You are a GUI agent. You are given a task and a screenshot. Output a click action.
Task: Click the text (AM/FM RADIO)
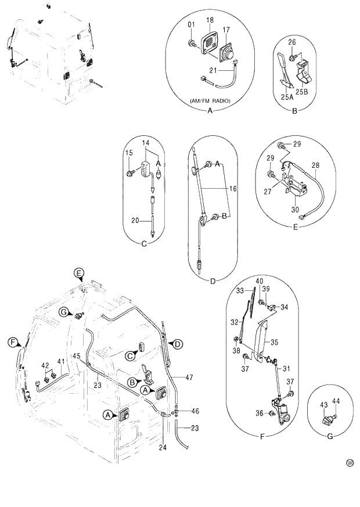pyautogui.click(x=210, y=101)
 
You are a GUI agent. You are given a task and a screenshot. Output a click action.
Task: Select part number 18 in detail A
pyautogui.click(x=210, y=20)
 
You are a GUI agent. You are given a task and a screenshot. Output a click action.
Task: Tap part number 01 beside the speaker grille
pyautogui.click(x=191, y=24)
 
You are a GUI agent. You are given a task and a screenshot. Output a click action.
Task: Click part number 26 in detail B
pyautogui.click(x=292, y=41)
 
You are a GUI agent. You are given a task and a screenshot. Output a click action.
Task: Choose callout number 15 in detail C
pyautogui.click(x=129, y=153)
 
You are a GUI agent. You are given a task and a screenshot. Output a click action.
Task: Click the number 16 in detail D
pyautogui.click(x=233, y=189)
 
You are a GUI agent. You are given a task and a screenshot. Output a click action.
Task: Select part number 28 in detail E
pyautogui.click(x=316, y=166)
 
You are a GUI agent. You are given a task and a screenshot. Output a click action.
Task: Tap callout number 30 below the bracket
pyautogui.click(x=294, y=210)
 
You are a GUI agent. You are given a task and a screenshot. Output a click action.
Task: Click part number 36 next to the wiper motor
pyautogui.click(x=259, y=413)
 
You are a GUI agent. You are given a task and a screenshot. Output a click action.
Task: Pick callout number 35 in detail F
pyautogui.click(x=275, y=343)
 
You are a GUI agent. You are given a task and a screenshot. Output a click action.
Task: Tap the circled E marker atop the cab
pyautogui.click(x=79, y=272)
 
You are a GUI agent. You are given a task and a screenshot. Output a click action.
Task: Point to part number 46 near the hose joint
pyautogui.click(x=195, y=411)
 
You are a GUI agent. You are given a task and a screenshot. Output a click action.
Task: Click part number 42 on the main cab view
pyautogui.click(x=44, y=365)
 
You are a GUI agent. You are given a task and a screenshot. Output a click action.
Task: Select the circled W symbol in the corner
pyautogui.click(x=350, y=463)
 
